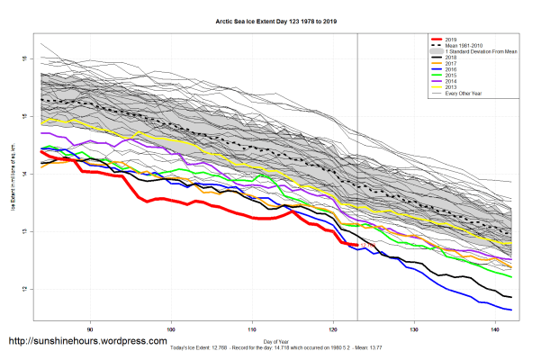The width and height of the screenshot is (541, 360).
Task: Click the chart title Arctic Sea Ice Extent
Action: (270, 19)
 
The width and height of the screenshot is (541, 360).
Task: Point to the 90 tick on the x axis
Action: (90, 328)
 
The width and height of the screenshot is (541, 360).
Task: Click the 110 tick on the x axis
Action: (252, 328)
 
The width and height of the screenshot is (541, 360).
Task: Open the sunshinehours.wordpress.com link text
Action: (87, 342)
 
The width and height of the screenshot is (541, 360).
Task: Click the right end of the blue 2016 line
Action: (511, 310)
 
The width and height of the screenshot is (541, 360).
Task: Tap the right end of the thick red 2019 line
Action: (357, 245)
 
